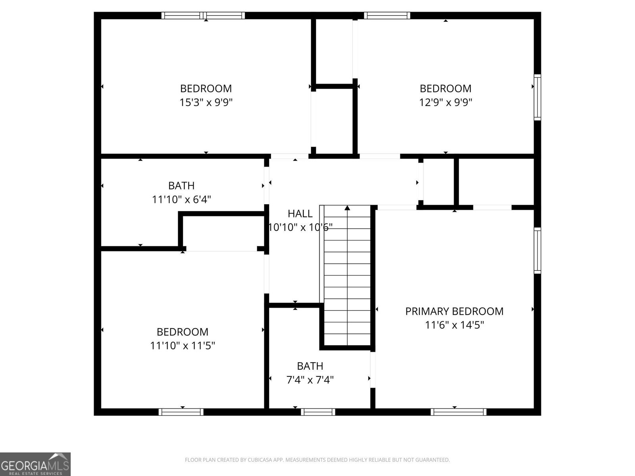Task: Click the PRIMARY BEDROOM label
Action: pyautogui.click(x=454, y=311)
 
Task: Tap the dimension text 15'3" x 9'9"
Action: pyautogui.click(x=206, y=102)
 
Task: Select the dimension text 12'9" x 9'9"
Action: pyautogui.click(x=445, y=102)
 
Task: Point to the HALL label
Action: pyautogui.click(x=300, y=213)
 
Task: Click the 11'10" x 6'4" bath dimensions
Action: pyautogui.click(x=181, y=199)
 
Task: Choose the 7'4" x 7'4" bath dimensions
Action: pyautogui.click(x=310, y=380)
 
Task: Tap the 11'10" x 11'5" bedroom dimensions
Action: pyautogui.click(x=182, y=345)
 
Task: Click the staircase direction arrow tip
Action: pyautogui.click(x=347, y=207)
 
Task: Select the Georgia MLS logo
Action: pyautogui.click(x=35, y=464)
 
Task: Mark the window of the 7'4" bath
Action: pyautogui.click(x=318, y=412)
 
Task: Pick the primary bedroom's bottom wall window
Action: pyautogui.click(x=458, y=412)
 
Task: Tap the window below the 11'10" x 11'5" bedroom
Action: pyautogui.click(x=181, y=412)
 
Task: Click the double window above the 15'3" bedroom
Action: pyautogui.click(x=203, y=15)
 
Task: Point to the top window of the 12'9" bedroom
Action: pyautogui.click(x=387, y=15)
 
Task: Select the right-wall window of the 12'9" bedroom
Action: pyautogui.click(x=537, y=97)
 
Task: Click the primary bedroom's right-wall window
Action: pyautogui.click(x=537, y=250)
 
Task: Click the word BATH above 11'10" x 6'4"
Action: pyautogui.click(x=181, y=185)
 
